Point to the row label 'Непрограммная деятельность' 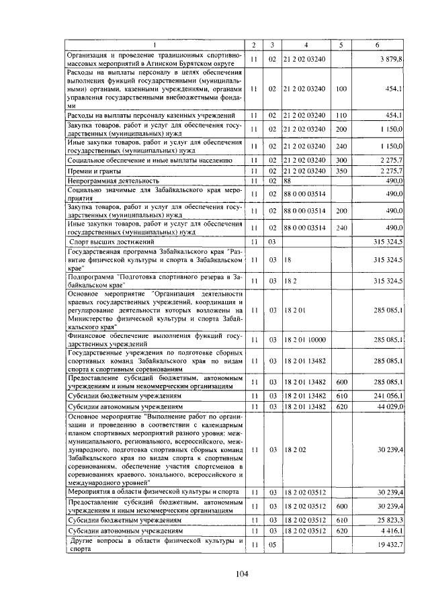click(x=113, y=181)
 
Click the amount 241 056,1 click(x=388, y=396)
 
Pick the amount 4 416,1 click(x=390, y=530)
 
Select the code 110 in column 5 click(x=341, y=116)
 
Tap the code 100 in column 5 click(x=341, y=89)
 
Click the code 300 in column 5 click(x=341, y=161)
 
